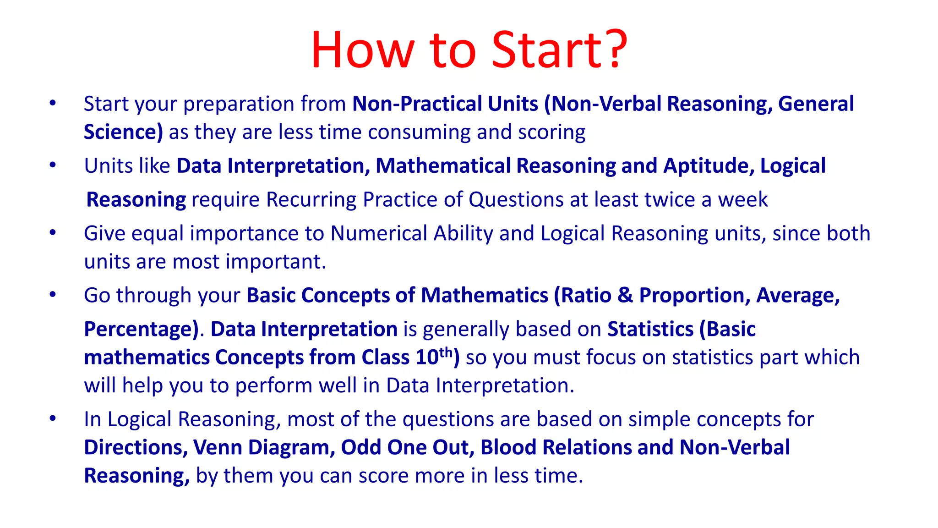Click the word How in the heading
click(362, 49)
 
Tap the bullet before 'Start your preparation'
click(53, 103)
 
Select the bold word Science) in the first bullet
click(123, 132)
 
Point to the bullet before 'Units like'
click(53, 165)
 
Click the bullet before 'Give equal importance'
click(53, 233)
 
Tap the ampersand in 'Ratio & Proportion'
click(625, 295)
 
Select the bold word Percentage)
click(142, 330)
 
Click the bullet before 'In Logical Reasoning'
click(53, 418)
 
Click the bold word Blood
click(508, 447)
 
